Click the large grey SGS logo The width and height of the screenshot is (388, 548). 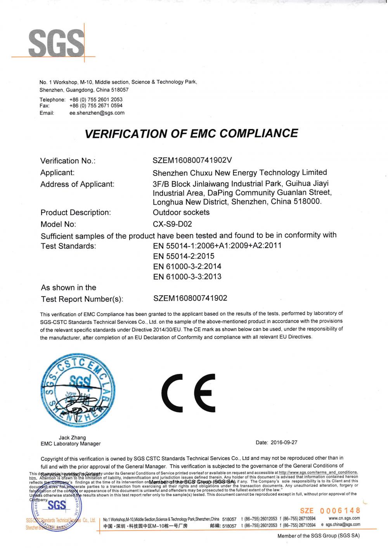tap(57, 43)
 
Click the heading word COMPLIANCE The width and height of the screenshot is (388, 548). tap(259, 133)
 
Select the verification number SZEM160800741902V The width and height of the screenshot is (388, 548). tap(192, 160)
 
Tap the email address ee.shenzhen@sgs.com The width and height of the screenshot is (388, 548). tap(97, 113)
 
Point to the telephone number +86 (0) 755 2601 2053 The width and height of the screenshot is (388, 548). tap(96, 100)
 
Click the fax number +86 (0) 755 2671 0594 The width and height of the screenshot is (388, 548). tap(96, 105)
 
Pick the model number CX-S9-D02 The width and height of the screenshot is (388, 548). tap(172, 224)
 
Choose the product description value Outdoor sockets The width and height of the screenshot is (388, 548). tap(181, 212)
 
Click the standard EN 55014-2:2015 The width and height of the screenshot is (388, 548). tap(184, 256)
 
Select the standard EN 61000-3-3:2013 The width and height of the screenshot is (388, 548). tap(187, 277)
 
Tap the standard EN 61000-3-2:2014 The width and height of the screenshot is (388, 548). tap(187, 267)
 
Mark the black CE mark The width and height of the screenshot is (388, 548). tap(189, 393)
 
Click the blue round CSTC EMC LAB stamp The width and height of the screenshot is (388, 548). tap(78, 391)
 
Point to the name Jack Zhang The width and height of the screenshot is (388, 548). tap(72, 438)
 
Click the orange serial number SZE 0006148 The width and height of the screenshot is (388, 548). tap(330, 511)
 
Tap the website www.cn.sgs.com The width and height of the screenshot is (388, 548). tap(344, 518)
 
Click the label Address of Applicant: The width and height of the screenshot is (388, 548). tap(77, 184)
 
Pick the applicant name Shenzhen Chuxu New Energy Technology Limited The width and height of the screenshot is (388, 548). tap(240, 173)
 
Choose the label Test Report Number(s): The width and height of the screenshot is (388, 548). tap(82, 299)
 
